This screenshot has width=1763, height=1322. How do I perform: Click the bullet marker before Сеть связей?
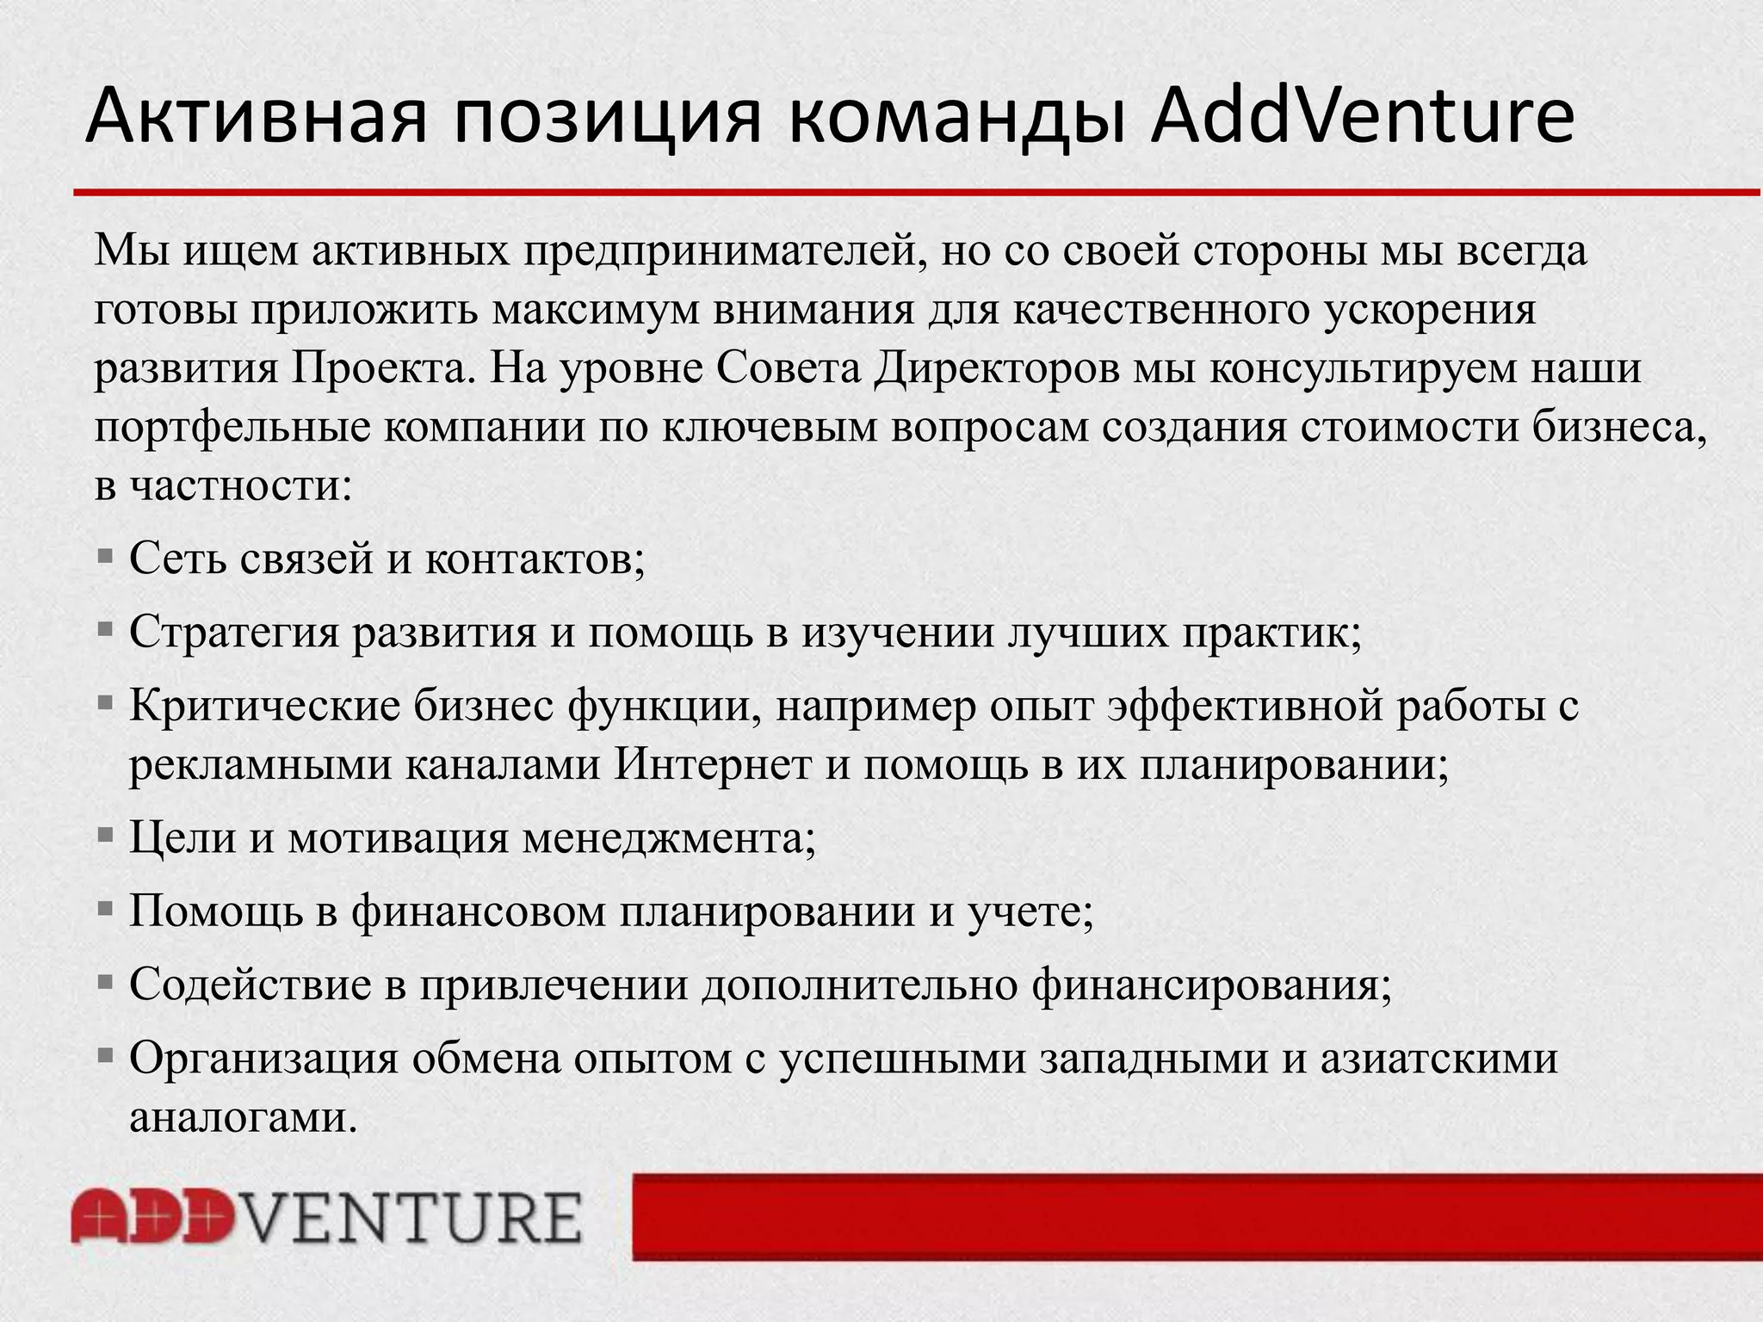[106, 556]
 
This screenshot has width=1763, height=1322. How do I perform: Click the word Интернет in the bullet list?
[713, 764]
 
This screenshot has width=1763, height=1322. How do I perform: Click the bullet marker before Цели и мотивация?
[106, 834]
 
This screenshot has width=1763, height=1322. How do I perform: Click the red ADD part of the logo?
[152, 1216]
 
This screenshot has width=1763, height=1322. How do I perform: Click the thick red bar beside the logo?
[1197, 1217]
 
